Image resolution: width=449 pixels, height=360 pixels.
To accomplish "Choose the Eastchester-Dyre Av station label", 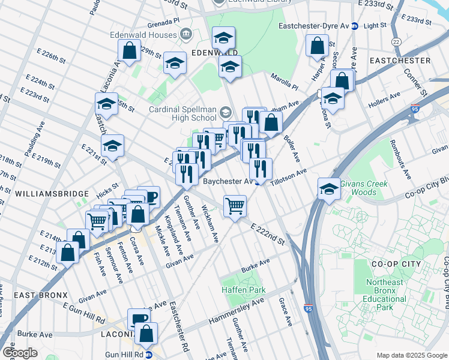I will [x=315, y=26].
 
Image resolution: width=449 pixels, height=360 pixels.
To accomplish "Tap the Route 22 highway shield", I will [x=396, y=41].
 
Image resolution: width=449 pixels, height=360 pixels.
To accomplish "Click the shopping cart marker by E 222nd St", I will [x=235, y=206].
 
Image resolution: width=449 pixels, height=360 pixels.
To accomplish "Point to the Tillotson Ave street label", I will [x=288, y=175].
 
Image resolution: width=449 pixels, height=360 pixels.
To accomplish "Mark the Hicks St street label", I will [x=106, y=190].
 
